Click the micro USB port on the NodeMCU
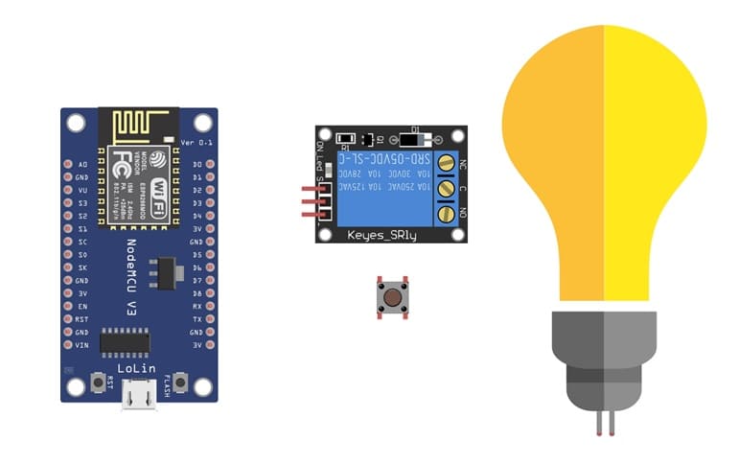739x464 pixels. (139, 395)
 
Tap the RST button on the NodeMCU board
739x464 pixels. (98, 383)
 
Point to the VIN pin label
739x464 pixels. (82, 344)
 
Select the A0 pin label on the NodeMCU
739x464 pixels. (82, 165)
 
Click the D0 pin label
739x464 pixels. (196, 165)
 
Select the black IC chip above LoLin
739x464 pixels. (125, 341)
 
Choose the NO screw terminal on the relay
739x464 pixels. (446, 213)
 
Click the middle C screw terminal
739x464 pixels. (446, 189)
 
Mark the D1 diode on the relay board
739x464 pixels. (414, 137)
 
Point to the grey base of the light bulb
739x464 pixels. (603, 360)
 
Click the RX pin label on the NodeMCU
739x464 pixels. (196, 306)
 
